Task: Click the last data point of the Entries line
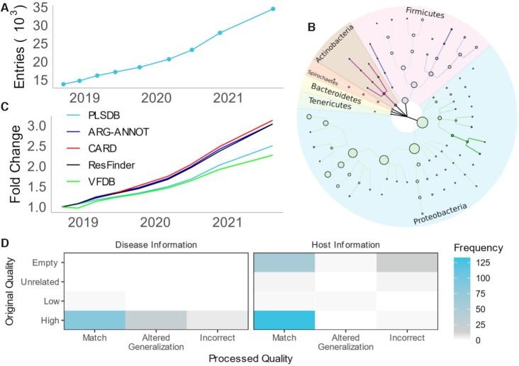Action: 272,9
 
